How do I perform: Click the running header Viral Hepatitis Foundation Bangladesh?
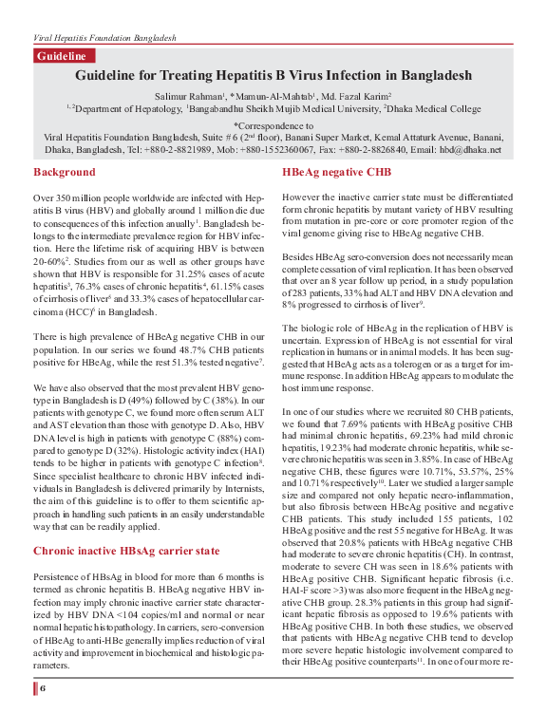coord(104,35)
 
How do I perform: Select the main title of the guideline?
coord(273,75)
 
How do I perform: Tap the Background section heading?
coord(64,172)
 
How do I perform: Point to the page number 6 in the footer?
coord(43,686)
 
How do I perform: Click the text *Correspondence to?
coord(273,124)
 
